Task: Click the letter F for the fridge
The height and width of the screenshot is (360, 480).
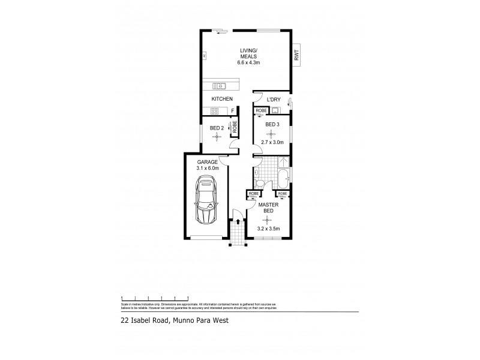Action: (x=233, y=110)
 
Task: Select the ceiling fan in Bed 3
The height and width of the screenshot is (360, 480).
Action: (x=271, y=133)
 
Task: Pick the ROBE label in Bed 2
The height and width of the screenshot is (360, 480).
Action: (x=235, y=127)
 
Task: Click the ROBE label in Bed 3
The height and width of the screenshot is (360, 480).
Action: (x=261, y=111)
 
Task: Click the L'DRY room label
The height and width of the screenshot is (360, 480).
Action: (x=273, y=99)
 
